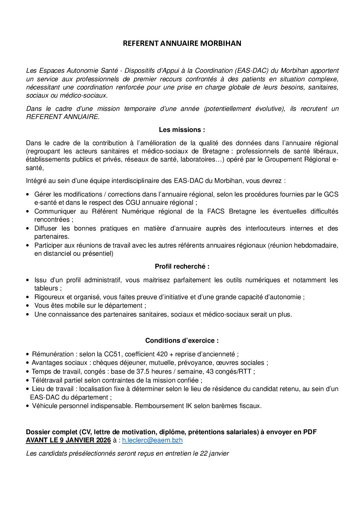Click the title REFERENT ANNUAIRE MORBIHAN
coord(182,44)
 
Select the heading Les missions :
coord(182,130)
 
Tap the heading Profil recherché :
coord(182,267)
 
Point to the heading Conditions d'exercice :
coord(182,340)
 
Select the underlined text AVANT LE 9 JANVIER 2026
coord(68,440)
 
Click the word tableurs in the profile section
coord(46,288)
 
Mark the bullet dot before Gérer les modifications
coord(28,194)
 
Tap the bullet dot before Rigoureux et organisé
coord(28,297)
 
